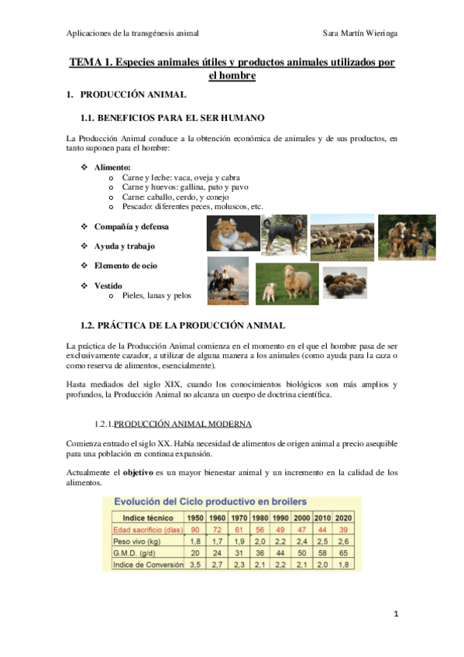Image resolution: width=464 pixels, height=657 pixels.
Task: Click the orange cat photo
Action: click(x=233, y=235)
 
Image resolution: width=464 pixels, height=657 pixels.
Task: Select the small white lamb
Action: click(x=270, y=291)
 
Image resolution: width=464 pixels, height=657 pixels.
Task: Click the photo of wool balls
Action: click(x=344, y=282)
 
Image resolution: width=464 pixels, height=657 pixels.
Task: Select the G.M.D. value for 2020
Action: click(x=345, y=553)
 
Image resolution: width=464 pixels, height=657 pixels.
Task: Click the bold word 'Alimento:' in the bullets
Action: click(x=112, y=167)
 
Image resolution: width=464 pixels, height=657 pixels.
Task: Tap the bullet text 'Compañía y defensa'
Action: click(x=131, y=227)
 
